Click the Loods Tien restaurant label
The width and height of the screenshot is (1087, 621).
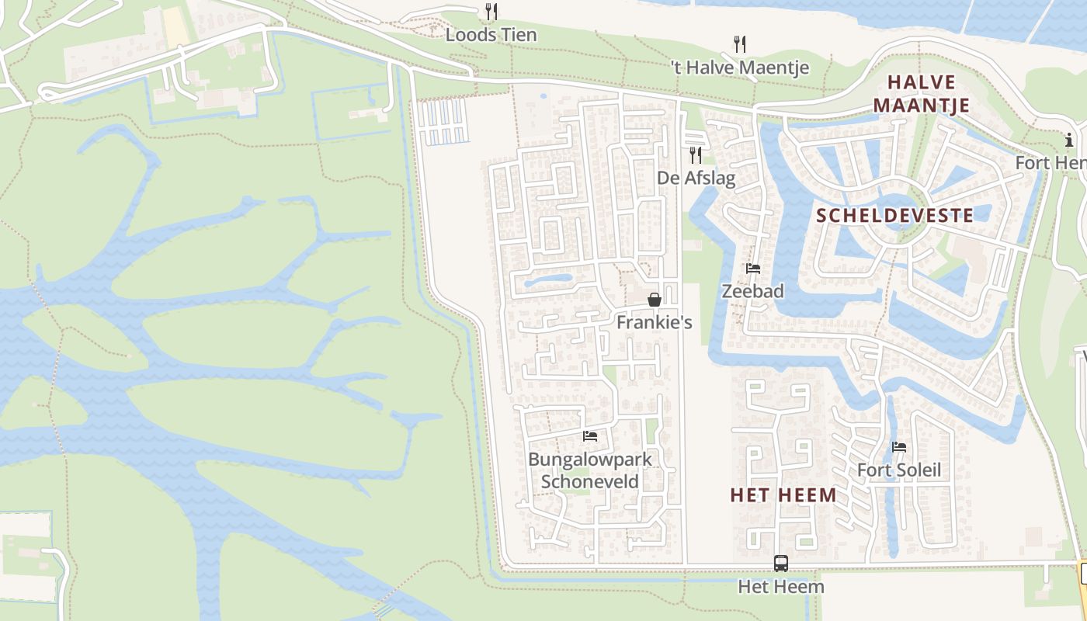(491, 35)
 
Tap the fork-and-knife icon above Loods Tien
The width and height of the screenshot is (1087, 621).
(491, 11)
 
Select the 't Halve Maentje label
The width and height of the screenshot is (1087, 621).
(740, 68)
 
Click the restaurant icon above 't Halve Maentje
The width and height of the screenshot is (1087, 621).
(740, 43)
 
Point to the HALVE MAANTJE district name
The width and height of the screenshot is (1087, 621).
(922, 93)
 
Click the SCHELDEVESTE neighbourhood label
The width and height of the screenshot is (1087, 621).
(895, 215)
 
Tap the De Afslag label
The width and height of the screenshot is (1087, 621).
(696, 178)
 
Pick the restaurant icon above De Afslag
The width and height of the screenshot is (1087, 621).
(696, 154)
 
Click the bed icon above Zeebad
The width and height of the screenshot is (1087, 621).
(752, 269)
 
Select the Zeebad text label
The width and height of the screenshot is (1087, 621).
(752, 291)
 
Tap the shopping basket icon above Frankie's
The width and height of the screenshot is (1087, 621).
(655, 300)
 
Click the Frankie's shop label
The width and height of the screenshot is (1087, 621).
(655, 321)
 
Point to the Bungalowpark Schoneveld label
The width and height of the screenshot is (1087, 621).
(590, 470)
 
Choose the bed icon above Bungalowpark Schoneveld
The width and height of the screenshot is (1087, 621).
(590, 436)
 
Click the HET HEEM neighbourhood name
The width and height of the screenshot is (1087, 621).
(783, 494)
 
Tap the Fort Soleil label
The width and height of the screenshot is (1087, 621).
(899, 470)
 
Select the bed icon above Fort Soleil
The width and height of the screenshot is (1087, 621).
(899, 446)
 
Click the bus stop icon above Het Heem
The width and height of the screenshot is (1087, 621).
(781, 564)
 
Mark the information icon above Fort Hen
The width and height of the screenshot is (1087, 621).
(1069, 140)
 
